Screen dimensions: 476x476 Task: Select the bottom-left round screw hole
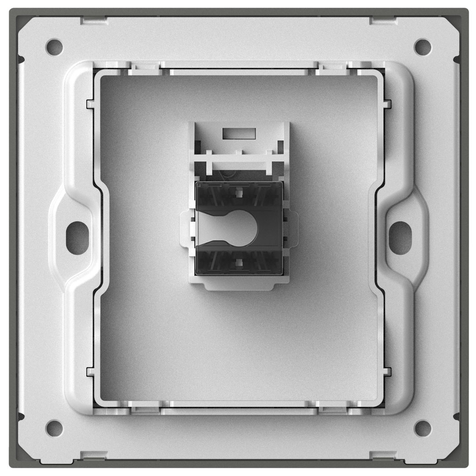pos(54,426)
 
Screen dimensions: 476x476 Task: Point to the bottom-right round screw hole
pos(422,426)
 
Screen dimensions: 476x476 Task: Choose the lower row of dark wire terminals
pos(238,263)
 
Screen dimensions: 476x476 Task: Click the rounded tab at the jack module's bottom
pos(238,286)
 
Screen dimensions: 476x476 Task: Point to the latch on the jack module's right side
pos(293,227)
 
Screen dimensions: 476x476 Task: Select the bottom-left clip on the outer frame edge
pos(93,454)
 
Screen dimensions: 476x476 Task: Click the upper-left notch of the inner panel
pos(90,104)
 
